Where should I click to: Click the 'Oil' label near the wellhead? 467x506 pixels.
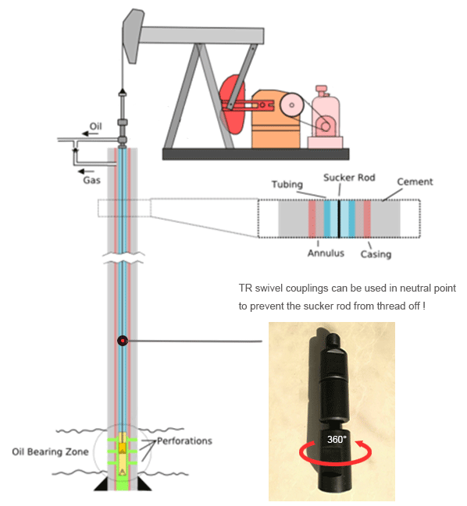[95, 126]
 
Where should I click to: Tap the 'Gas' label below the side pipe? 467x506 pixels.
[92, 180]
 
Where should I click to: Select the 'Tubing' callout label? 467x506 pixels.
[287, 184]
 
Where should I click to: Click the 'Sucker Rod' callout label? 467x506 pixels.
[349, 178]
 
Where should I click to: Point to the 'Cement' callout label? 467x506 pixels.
[415, 182]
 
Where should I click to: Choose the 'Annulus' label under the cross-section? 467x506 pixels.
[326, 253]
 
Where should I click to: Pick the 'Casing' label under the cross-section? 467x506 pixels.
[376, 254]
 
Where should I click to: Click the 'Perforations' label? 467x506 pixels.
[184, 441]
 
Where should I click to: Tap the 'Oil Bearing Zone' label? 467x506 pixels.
[50, 451]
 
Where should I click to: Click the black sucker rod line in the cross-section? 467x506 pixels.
[339, 219]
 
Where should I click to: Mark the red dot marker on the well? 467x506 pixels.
[123, 341]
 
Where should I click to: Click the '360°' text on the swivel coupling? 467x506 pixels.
[337, 439]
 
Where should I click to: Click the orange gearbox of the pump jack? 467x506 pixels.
[276, 119]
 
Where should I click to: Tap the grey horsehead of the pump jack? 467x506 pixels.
[133, 36]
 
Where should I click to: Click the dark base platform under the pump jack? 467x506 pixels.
[255, 154]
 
